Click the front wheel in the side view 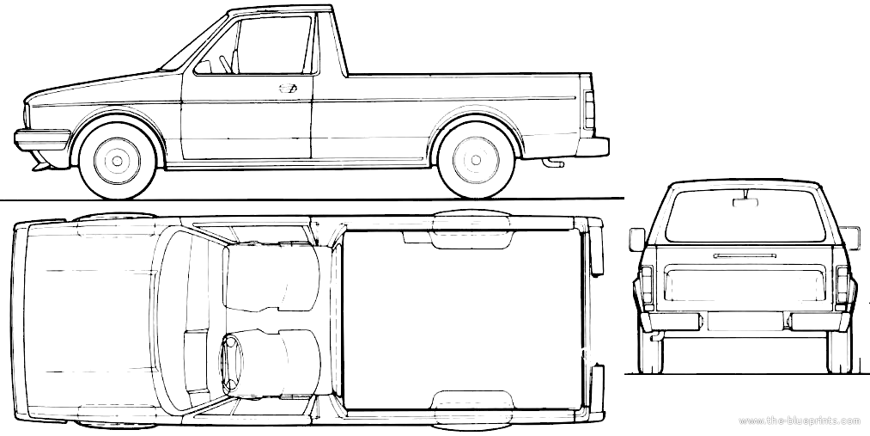117,161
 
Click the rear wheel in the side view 476,160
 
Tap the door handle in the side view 288,88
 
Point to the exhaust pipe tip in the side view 552,163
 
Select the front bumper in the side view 42,140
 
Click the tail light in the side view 588,110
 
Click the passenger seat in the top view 272,276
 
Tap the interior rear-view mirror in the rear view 744,201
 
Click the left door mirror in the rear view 637,239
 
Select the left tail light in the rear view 647,285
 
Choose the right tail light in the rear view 843,285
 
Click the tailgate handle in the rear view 744,256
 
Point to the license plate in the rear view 745,322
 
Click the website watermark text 799,421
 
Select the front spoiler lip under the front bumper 41,163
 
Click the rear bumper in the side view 593,147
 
